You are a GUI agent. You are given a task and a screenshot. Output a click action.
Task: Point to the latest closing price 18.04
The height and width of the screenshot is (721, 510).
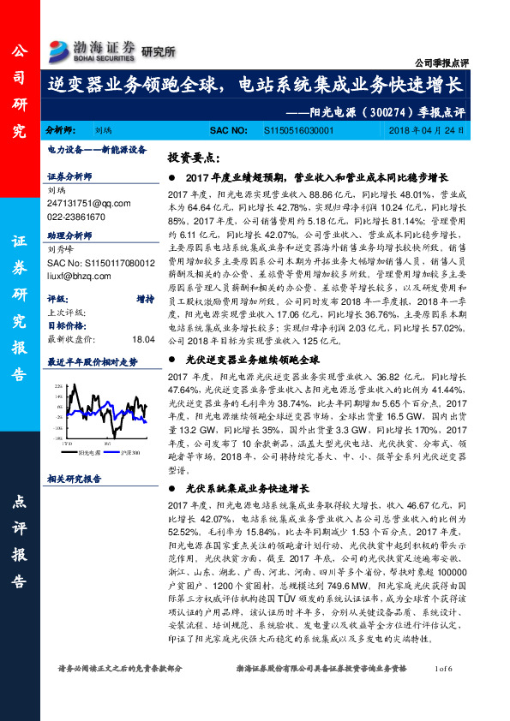point(143,340)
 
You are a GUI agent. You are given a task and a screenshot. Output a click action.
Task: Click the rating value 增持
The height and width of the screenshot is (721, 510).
point(145,300)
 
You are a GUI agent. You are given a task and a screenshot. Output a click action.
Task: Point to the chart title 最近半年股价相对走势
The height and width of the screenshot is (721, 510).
point(92,361)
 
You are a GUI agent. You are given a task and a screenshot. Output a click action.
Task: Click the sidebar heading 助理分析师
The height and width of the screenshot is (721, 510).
point(70,233)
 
